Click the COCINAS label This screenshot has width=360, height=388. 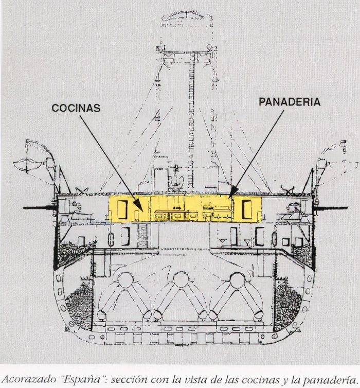click(x=76, y=108)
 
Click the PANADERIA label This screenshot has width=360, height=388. click(x=289, y=102)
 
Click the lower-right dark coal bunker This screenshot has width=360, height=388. click(x=289, y=304)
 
